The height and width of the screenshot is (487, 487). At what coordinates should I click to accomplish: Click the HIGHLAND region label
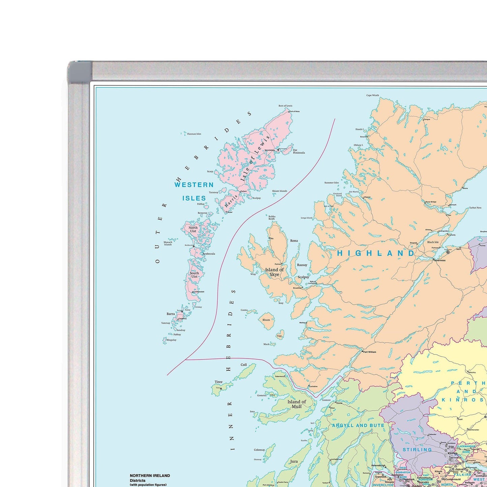(376, 253)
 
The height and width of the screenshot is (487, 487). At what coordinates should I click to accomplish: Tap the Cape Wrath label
(372, 95)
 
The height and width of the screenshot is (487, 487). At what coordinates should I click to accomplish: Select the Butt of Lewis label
(285, 106)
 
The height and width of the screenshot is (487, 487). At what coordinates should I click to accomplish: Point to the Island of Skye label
(274, 272)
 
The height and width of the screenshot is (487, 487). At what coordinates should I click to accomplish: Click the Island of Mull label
(297, 404)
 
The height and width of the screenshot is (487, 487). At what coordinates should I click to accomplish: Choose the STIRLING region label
(417, 450)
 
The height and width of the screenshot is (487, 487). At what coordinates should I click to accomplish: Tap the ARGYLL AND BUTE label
(358, 426)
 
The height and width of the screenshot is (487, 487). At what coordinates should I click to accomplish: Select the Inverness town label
(440, 260)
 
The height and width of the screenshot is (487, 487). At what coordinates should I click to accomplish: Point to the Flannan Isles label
(194, 134)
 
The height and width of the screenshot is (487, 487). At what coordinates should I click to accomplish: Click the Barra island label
(171, 314)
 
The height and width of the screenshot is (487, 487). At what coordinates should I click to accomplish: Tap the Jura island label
(294, 461)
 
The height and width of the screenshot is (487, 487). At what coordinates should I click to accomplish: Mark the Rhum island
(266, 319)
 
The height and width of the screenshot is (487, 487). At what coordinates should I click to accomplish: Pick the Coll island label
(244, 365)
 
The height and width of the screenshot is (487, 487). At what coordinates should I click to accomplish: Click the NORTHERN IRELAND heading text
(150, 476)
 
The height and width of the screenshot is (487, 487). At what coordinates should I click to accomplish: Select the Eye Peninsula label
(299, 151)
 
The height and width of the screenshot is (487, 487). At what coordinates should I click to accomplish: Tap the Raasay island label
(302, 265)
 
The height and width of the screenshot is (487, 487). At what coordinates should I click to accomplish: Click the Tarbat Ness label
(475, 208)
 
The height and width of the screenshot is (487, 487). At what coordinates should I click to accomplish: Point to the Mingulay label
(171, 340)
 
